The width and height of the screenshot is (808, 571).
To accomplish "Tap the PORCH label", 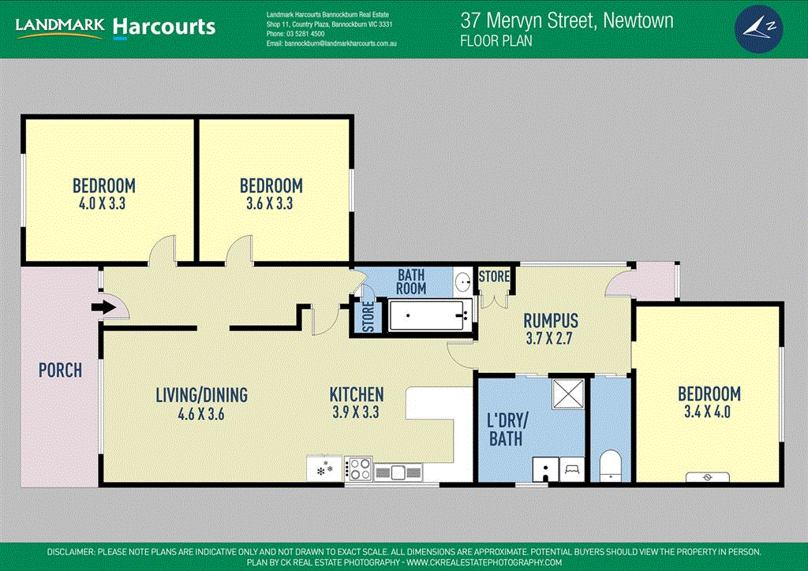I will (60, 369).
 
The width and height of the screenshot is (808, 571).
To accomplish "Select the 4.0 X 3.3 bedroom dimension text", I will (103, 203).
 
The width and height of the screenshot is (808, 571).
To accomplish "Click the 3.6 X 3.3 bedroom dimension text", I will (271, 203).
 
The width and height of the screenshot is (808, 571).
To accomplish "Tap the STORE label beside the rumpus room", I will (494, 277).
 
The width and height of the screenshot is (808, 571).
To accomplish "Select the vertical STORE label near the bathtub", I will (365, 317).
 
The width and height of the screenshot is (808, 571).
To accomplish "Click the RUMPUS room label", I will (552, 321).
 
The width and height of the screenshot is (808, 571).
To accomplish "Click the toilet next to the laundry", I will (611, 465).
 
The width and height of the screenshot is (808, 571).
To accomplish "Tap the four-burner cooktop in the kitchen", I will (358, 469).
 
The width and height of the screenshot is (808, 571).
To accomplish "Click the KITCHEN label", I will (357, 394).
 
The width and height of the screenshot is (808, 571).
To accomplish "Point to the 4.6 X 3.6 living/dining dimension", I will (201, 412).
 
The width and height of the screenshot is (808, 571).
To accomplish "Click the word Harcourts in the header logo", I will (163, 28).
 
